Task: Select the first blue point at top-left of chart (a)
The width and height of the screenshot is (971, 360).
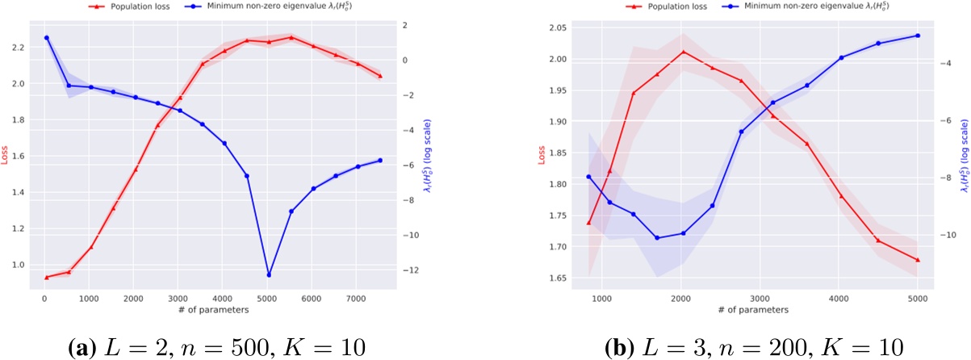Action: coord(47,38)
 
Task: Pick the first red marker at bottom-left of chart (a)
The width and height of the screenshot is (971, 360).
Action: coord(47,277)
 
